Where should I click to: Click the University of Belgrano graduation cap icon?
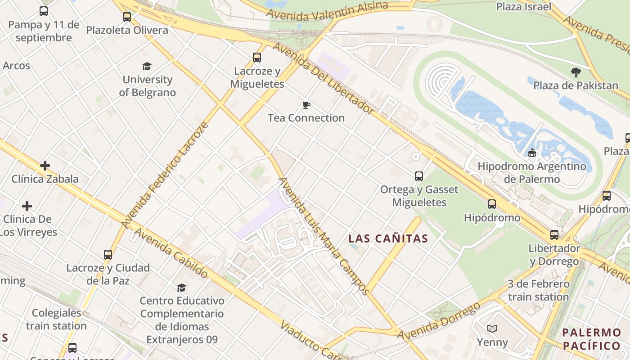tap(147, 67)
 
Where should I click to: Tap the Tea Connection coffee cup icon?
tap(306, 105)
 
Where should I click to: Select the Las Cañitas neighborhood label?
tap(388, 238)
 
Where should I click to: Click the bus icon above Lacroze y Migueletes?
tap(257, 58)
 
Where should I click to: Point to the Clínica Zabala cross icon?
tap(45, 166)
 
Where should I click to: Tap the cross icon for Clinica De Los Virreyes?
tap(27, 206)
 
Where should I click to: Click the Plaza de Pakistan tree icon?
tap(576, 72)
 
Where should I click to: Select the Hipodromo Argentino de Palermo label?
tap(531, 173)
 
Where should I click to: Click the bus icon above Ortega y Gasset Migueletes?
tap(419, 176)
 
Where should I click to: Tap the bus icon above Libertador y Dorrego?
tap(554, 235)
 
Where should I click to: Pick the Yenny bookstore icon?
tap(492, 329)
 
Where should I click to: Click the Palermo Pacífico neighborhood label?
tap(592, 339)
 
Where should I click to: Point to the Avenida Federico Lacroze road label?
tap(165, 174)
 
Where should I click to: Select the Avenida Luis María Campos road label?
tap(324, 235)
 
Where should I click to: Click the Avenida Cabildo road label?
tap(171, 253)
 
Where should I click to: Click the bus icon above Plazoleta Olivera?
tap(127, 17)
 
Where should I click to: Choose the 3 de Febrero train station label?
tap(538, 290)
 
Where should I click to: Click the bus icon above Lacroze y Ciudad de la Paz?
tap(108, 255)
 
